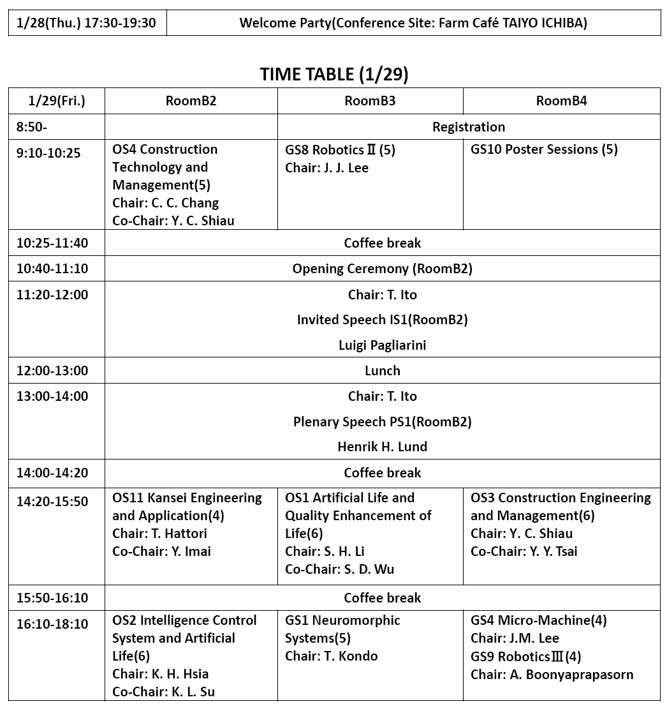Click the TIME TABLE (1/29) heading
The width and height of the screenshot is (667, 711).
(x=334, y=74)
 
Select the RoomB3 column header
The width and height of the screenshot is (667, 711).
(x=370, y=101)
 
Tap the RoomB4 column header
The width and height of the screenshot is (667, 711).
(x=561, y=101)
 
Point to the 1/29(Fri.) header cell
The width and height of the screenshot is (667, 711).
(x=57, y=101)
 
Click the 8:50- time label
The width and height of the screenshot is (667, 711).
(x=32, y=127)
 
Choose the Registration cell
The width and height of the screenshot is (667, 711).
(x=469, y=127)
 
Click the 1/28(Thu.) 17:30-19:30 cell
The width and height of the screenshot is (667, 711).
(x=87, y=23)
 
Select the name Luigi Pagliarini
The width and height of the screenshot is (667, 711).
(x=383, y=345)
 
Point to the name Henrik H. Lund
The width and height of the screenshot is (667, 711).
(x=383, y=447)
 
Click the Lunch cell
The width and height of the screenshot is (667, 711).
(x=383, y=371)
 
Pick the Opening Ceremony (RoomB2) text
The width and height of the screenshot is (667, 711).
(x=383, y=269)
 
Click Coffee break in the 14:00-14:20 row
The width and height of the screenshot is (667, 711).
(x=383, y=473)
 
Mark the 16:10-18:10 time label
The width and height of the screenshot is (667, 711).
(x=52, y=624)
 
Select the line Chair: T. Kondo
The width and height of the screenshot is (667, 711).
(x=332, y=656)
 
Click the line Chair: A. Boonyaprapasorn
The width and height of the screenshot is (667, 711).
(x=552, y=675)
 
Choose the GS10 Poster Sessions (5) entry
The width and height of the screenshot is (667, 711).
(x=544, y=149)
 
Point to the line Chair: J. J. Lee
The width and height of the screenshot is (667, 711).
(x=326, y=168)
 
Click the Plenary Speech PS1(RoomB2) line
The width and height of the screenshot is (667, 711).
(x=383, y=422)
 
